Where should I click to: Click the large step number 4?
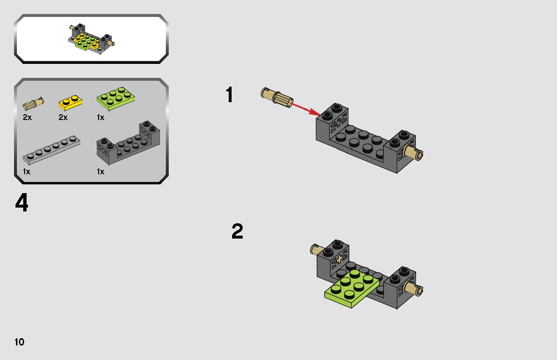point(22,203)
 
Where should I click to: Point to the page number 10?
point(19,342)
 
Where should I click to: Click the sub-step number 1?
point(230,95)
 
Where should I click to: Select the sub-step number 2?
point(237,232)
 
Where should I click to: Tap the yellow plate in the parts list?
point(71,102)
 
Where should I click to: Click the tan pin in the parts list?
point(34,103)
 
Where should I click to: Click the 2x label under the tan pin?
point(27,118)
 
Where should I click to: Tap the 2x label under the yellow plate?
point(63,118)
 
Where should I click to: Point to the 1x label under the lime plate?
point(101,118)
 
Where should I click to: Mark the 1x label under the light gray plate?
point(27,172)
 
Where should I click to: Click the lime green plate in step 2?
point(350,288)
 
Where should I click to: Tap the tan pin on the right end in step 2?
point(415,290)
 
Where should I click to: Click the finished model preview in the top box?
point(91,39)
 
